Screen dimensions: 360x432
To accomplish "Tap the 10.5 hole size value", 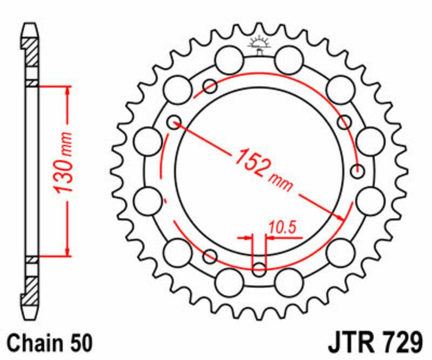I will coord(283,229).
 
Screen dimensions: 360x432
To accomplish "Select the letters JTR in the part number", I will coord(350,343).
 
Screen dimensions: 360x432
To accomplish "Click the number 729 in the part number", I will coord(400,343).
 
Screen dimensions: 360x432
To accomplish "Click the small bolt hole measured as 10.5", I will coord(260,268).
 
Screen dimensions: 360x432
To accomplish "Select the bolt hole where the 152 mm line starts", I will coord(173,122).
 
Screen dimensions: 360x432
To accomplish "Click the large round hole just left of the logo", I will coord(228,58).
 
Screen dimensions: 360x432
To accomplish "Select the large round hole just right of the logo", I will coord(290,58).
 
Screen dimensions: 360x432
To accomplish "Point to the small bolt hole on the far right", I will coord(356,171).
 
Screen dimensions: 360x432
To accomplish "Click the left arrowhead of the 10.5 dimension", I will coord(249,237).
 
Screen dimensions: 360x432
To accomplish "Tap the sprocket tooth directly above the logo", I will coord(260,27).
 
